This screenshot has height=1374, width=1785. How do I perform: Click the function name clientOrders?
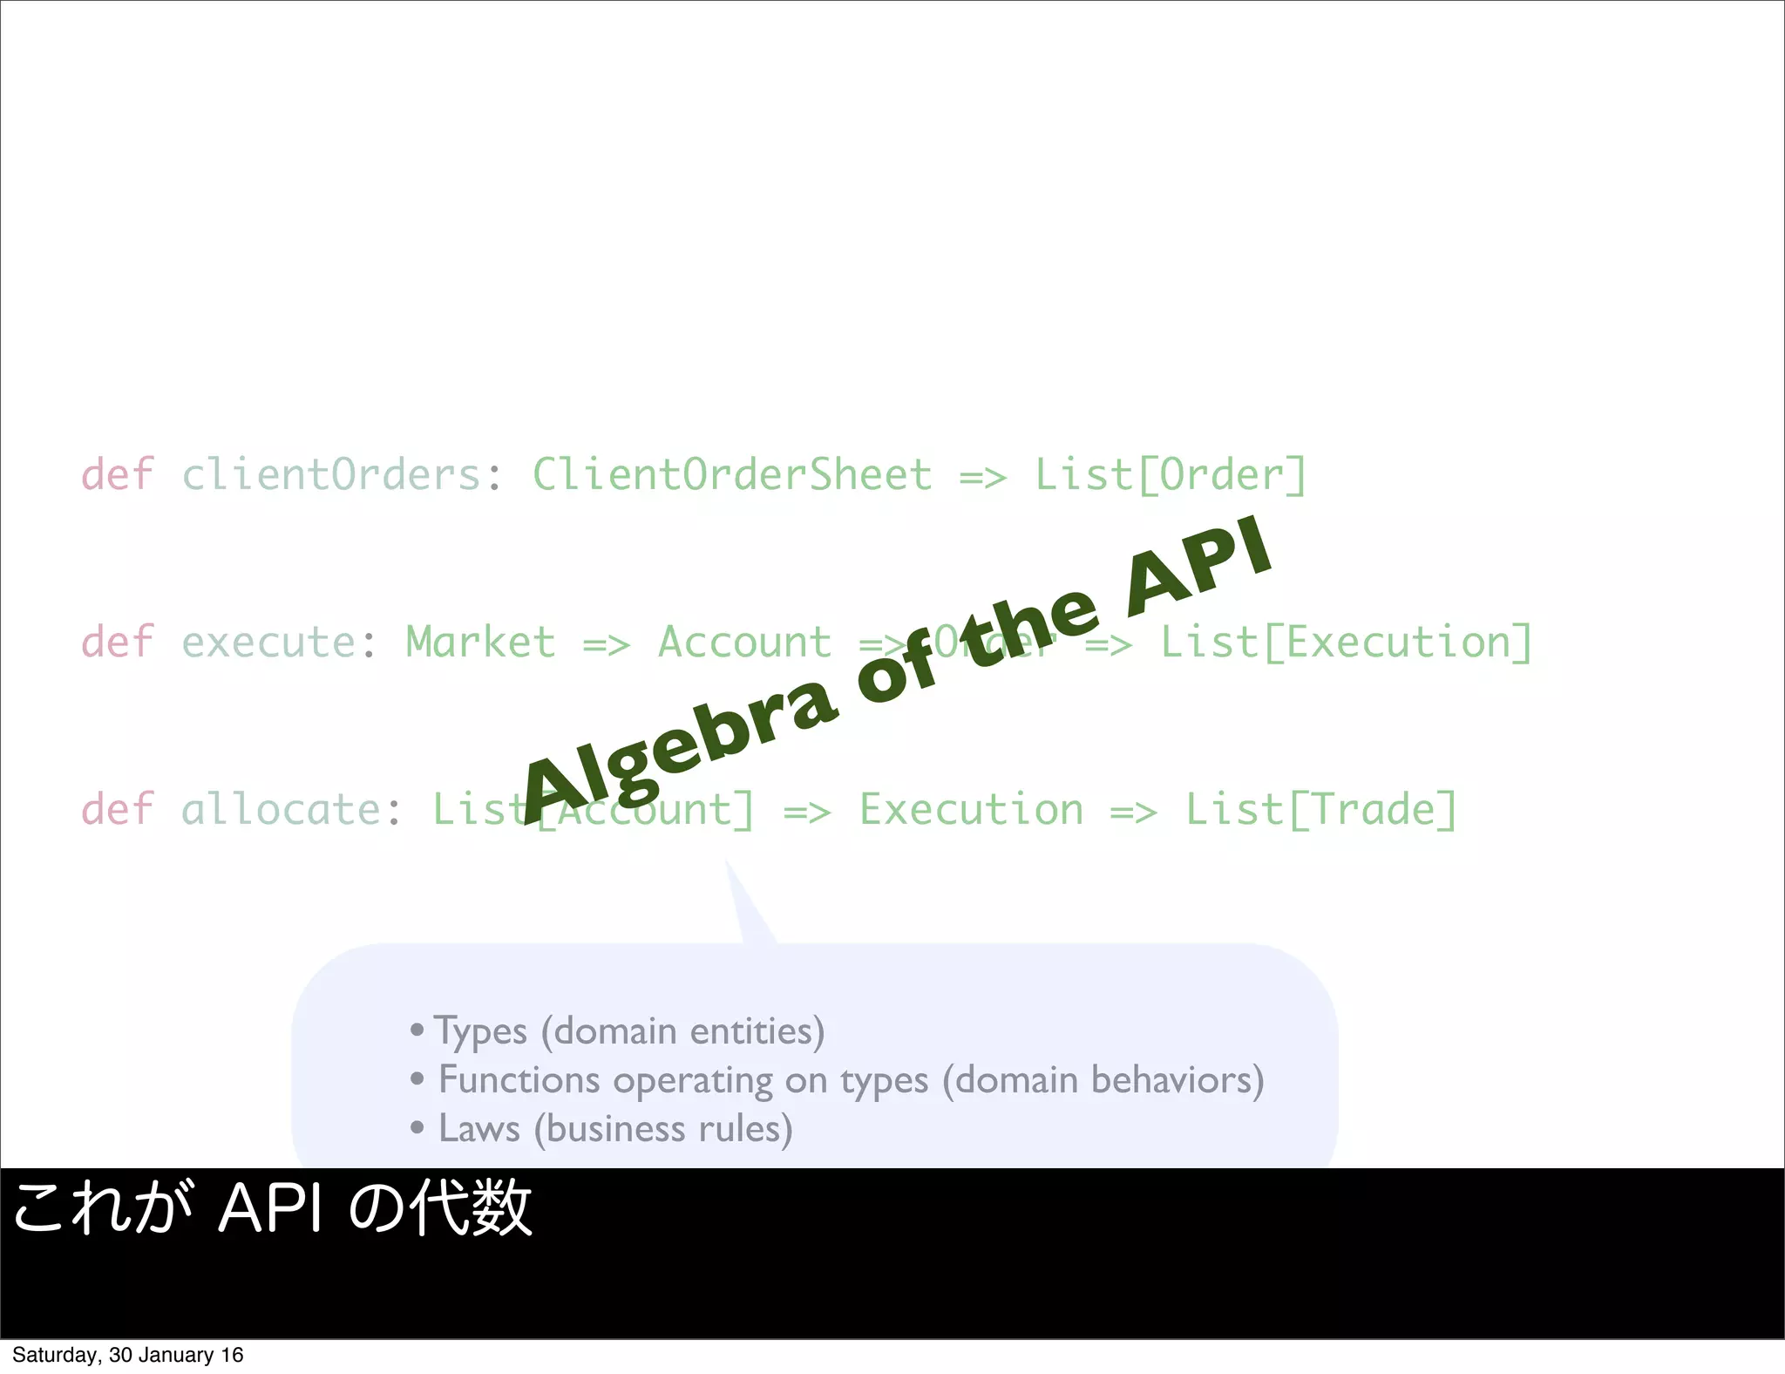point(331,475)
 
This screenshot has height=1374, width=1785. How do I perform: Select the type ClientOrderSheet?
point(732,475)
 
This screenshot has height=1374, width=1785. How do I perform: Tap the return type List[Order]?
point(1170,475)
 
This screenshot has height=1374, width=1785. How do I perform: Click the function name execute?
point(268,643)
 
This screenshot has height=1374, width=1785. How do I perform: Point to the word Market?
point(480,643)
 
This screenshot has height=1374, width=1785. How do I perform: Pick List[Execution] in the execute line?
point(1346,643)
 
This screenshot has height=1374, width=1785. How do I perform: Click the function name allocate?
point(281,810)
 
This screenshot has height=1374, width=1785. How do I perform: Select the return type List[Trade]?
point(1320,810)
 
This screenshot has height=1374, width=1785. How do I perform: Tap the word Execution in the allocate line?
point(972,810)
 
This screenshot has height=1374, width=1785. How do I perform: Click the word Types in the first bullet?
point(481,1032)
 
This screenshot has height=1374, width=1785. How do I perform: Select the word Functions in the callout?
point(519,1080)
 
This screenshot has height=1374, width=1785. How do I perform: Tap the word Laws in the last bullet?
point(478,1129)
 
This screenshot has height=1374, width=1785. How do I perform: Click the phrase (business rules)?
point(663,1129)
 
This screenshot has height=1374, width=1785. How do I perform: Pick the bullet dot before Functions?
point(417,1079)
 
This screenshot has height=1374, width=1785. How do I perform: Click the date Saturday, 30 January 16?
point(128,1355)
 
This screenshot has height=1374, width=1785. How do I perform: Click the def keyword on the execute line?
point(118,643)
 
